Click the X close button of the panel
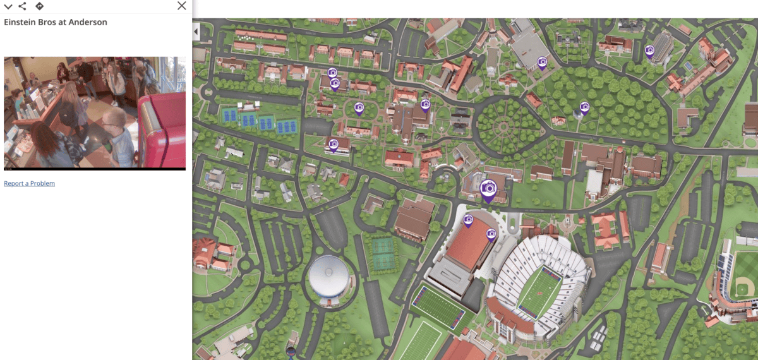click(182, 6)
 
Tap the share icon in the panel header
click(23, 6)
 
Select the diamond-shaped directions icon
click(39, 6)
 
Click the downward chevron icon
click(8, 6)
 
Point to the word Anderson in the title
click(88, 22)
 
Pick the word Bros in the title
click(49, 22)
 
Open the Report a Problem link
click(29, 183)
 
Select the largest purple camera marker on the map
click(488, 188)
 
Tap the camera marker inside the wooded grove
click(584, 108)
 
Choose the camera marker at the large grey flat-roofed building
click(541, 62)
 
